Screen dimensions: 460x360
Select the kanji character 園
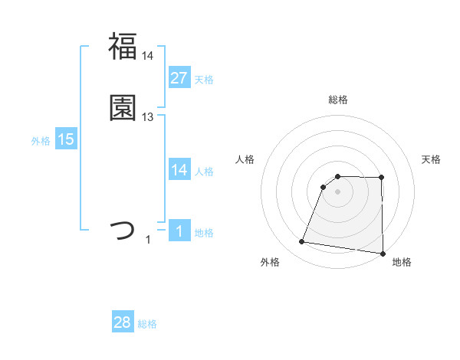(123, 108)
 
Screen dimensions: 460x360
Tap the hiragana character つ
(123, 231)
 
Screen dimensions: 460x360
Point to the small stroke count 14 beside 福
(148, 56)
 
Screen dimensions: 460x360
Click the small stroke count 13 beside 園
(148, 117)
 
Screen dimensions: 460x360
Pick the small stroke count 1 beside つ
(148, 240)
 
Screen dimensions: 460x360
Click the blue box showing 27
(179, 77)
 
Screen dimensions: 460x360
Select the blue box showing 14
(179, 170)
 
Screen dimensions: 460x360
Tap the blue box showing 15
(65, 139)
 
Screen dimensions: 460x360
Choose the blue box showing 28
(123, 323)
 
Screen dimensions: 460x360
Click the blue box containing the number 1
(179, 231)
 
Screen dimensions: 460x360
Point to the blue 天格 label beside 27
(204, 79)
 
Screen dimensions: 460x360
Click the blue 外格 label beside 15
(41, 141)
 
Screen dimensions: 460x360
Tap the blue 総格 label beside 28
(147, 325)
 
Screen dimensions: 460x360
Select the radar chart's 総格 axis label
(337, 100)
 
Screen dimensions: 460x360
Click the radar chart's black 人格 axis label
(245, 159)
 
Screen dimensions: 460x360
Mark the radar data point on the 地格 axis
(383, 254)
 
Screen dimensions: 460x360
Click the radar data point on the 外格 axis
(302, 242)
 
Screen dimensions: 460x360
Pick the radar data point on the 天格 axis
(382, 178)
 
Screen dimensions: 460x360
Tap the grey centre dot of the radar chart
(337, 191)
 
